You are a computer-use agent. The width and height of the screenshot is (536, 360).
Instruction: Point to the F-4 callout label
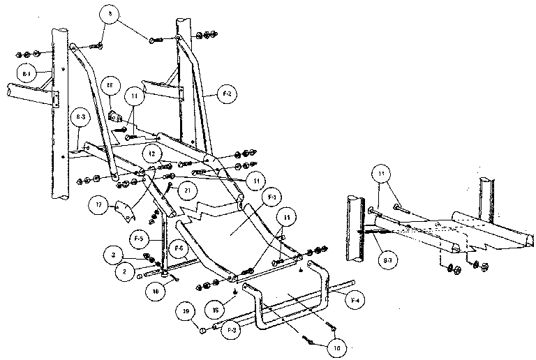click(355, 301)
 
